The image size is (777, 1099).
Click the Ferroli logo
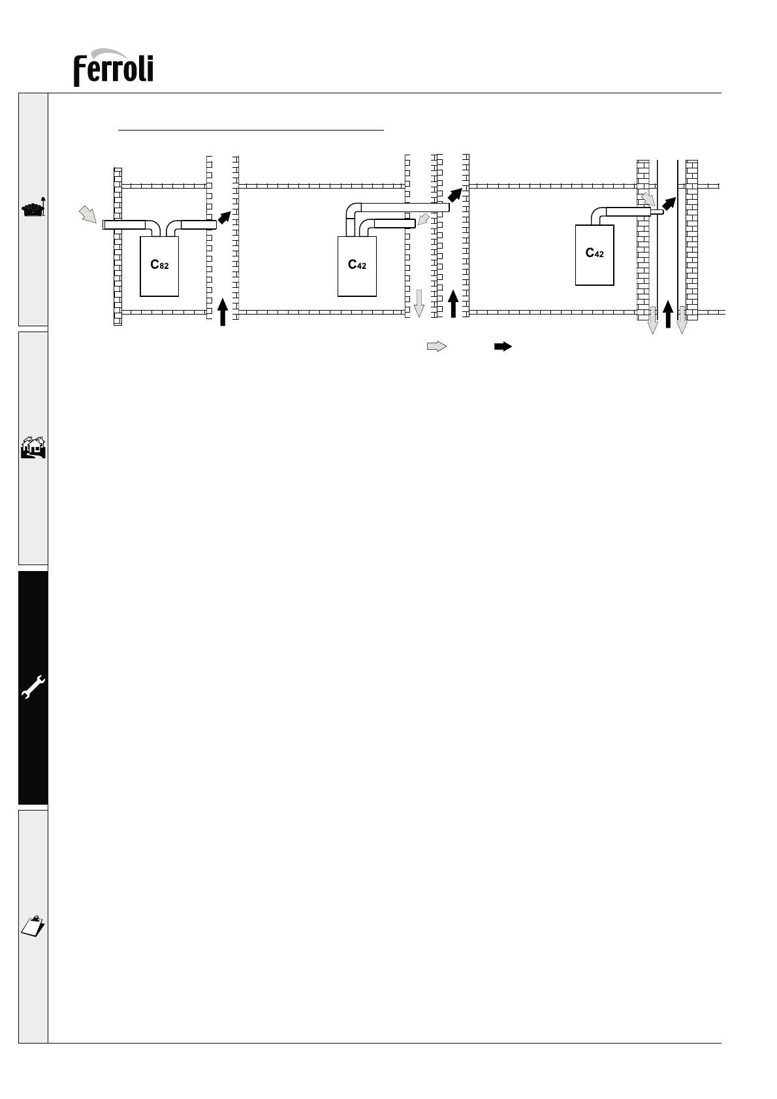coord(114,68)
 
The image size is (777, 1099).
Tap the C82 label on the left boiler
coord(159,265)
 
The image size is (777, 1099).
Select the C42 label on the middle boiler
coord(357,265)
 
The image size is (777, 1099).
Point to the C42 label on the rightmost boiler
coord(594,253)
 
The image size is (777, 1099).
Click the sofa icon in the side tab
coord(33,208)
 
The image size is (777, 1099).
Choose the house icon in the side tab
coord(33,448)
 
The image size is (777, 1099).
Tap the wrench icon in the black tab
coord(33,687)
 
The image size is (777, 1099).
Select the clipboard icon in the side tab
coord(33,926)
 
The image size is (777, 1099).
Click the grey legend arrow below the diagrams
coord(437,347)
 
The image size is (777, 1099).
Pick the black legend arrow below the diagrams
coord(503,347)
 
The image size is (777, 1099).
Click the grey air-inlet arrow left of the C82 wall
coord(88,215)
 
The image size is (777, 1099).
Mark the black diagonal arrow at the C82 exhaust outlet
coord(225,217)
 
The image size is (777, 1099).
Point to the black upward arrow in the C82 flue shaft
coord(223,312)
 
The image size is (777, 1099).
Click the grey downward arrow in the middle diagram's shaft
coord(419,303)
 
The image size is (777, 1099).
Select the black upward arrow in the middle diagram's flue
coord(453,303)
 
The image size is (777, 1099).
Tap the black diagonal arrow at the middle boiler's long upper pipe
coord(455,194)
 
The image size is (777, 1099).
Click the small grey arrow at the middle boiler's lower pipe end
coord(424,219)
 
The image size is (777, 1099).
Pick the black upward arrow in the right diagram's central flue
coord(668,314)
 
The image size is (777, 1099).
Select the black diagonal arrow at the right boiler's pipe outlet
coord(669,204)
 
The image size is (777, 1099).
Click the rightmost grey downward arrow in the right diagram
coord(682,320)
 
